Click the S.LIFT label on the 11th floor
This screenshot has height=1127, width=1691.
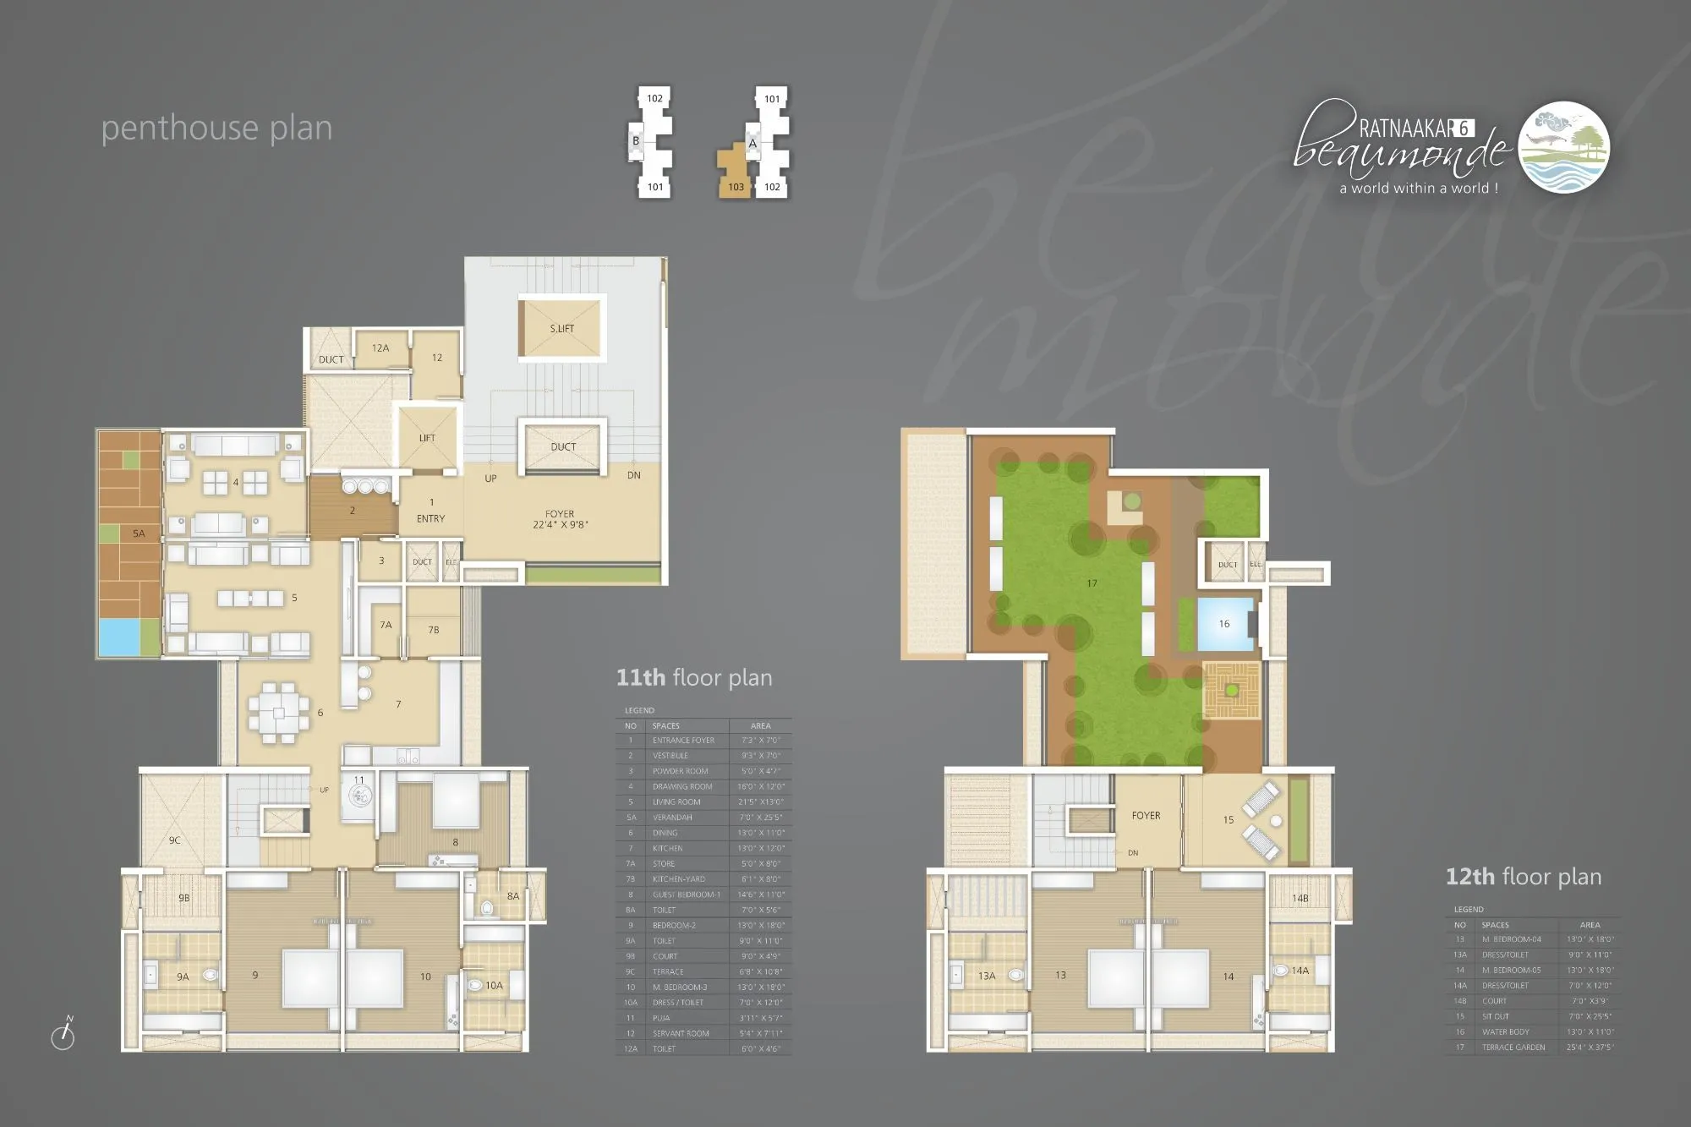click(562, 328)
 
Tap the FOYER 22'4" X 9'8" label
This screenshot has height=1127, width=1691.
click(560, 519)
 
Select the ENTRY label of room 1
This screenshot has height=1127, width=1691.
click(430, 518)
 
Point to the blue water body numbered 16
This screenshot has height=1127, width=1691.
click(1224, 624)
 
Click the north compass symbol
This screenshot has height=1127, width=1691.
click(63, 1035)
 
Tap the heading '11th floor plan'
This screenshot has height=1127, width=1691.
click(693, 678)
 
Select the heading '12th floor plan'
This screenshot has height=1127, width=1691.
click(1524, 877)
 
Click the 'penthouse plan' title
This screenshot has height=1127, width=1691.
click(216, 129)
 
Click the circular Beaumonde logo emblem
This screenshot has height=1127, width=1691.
click(1564, 147)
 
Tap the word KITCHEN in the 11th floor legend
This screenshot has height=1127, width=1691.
click(667, 848)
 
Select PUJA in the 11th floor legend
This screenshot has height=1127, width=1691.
click(660, 1018)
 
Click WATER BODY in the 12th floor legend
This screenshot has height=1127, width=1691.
click(1506, 1031)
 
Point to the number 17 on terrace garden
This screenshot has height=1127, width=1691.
click(1092, 583)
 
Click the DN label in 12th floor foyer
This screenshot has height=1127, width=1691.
click(1133, 852)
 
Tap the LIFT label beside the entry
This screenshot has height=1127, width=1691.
click(427, 438)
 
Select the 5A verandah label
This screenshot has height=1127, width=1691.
click(139, 533)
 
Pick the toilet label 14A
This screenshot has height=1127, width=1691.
click(1300, 971)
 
